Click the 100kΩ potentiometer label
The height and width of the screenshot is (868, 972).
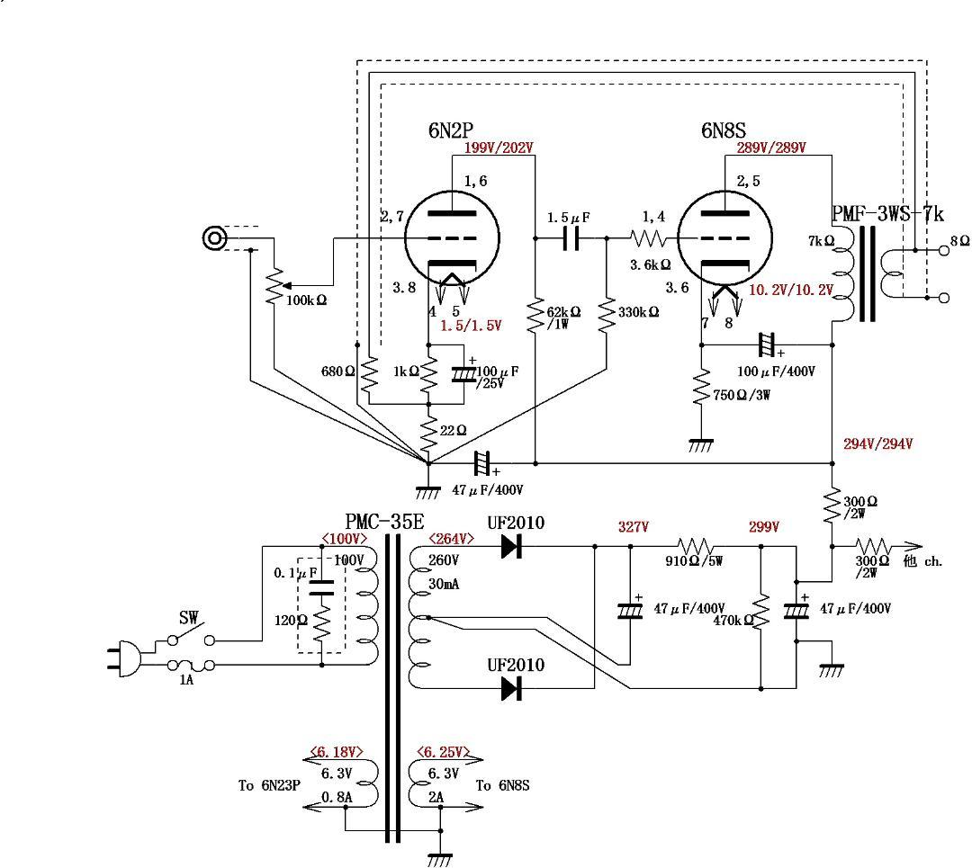(307, 299)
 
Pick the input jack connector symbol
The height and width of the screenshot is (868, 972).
(214, 237)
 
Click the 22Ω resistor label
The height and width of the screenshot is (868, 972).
(454, 430)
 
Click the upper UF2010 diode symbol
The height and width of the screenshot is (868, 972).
(513, 546)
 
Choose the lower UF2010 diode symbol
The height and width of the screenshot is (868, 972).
(513, 688)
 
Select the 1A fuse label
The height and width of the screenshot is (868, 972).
(185, 681)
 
